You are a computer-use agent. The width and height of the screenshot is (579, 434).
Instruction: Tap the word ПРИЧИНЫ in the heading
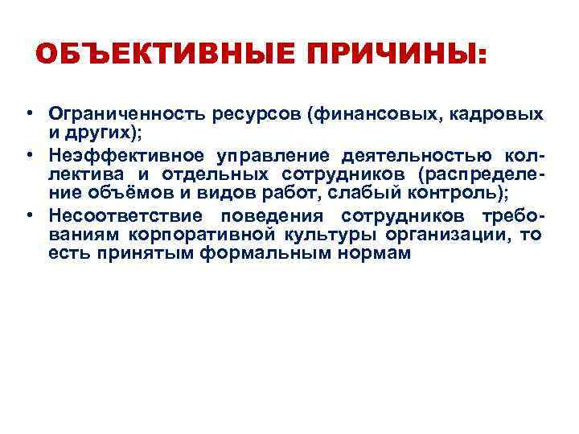pos(388,55)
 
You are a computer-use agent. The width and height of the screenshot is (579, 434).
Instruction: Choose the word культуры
pos(320,235)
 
